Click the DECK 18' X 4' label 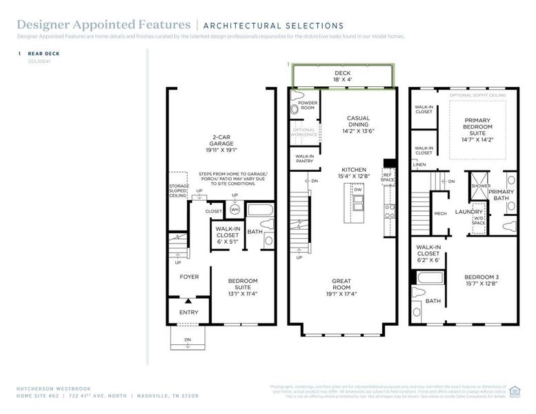[x=344, y=76]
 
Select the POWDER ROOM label [x=308, y=105]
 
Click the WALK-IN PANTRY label [x=305, y=159]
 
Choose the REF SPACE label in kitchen [x=388, y=178]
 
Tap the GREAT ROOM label [x=341, y=284]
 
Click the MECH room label [x=440, y=213]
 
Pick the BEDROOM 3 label [x=481, y=280]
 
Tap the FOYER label [x=189, y=277]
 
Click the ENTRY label [x=188, y=312]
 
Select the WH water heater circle [x=235, y=209]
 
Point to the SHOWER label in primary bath [x=480, y=186]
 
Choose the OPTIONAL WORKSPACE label [x=304, y=132]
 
